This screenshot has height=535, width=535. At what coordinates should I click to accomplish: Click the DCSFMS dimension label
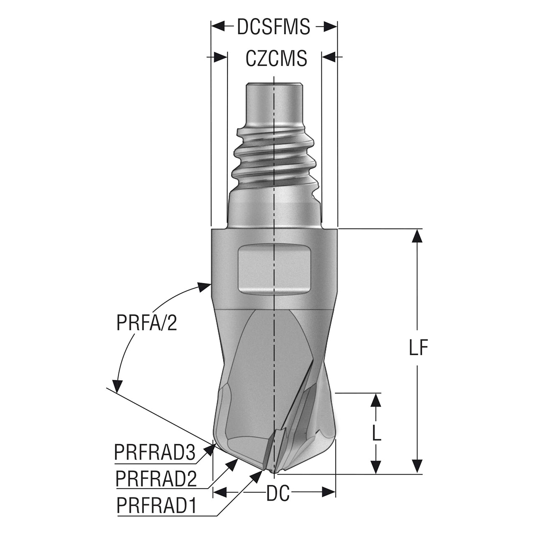[x=273, y=27]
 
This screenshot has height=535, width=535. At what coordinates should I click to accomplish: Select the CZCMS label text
[x=277, y=58]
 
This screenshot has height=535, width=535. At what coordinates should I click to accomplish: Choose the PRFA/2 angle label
[x=147, y=323]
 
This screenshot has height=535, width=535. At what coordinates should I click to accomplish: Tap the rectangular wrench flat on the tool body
[x=274, y=273]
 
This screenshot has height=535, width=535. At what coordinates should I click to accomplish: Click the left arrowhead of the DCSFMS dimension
[x=218, y=27]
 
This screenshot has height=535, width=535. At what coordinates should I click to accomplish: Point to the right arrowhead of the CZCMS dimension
[x=329, y=57]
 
